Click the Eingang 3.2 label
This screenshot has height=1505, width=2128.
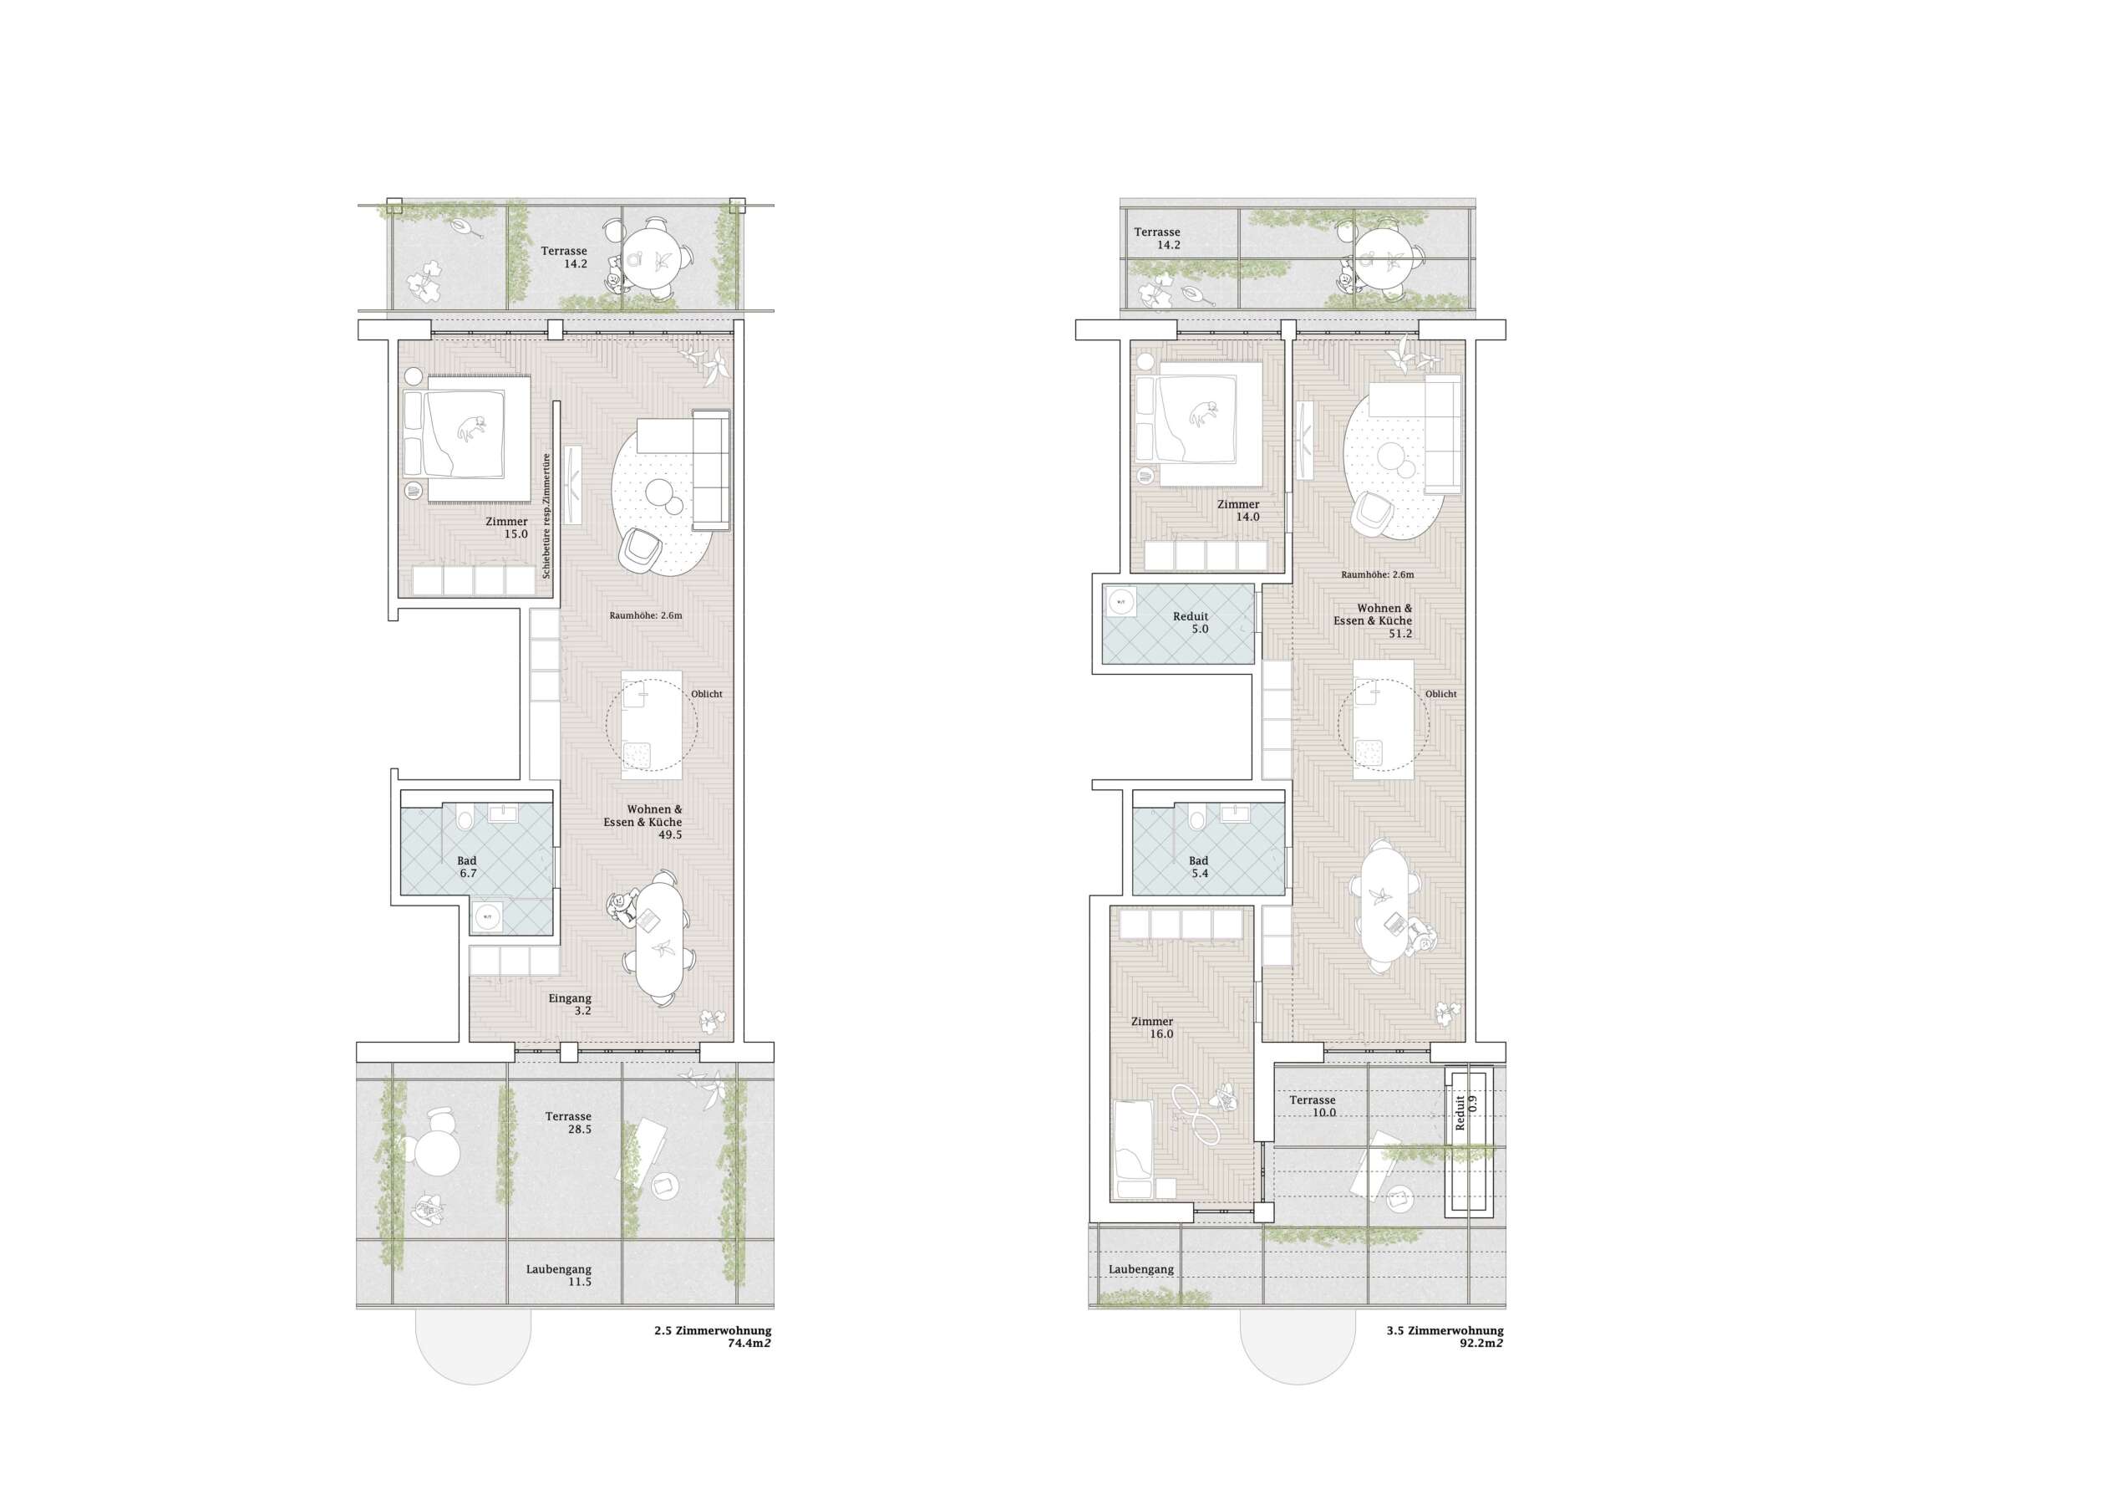point(570,1004)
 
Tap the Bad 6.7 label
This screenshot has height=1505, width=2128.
point(467,867)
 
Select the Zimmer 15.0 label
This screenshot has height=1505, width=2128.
point(507,528)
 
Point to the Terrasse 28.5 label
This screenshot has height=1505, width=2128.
point(568,1123)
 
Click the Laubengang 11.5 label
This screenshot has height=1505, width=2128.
point(559,1275)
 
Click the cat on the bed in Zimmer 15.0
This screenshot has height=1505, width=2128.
point(472,427)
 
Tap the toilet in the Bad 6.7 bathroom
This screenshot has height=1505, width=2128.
point(465,819)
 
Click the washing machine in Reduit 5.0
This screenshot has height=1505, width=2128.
point(1121,603)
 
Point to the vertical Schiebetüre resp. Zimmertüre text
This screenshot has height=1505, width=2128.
point(546,516)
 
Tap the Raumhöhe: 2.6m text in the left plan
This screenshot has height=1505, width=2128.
point(646,615)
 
